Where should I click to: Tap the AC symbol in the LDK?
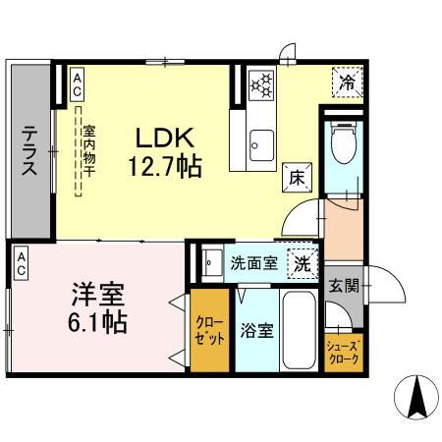(77, 83)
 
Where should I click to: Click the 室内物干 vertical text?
(87, 151)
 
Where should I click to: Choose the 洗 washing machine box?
(303, 262)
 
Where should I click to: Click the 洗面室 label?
(251, 263)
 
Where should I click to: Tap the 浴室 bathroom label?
(257, 330)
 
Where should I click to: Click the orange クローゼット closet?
(207, 328)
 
